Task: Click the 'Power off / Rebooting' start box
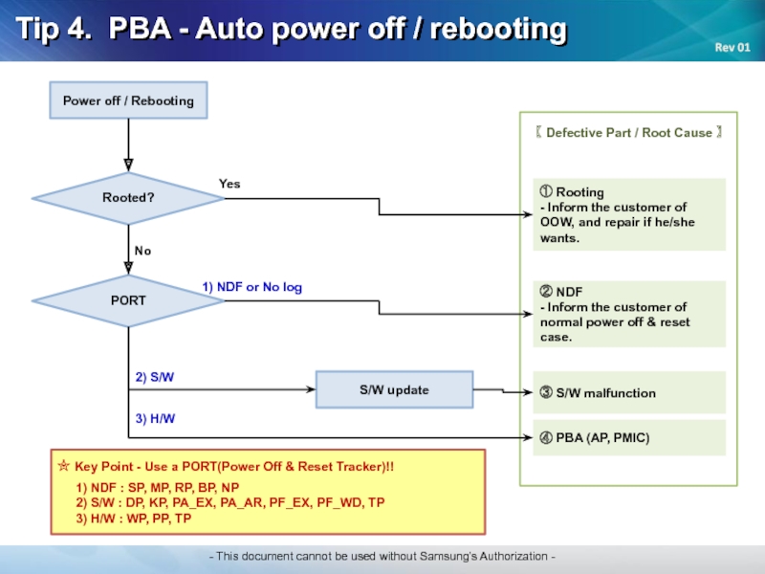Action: pyautogui.click(x=128, y=100)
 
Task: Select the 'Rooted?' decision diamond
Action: pyautogui.click(x=128, y=198)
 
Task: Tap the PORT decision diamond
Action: pyautogui.click(x=128, y=300)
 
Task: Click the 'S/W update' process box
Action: pyautogui.click(x=394, y=389)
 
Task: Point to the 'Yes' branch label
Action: pyautogui.click(x=229, y=184)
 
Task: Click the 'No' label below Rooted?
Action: pyautogui.click(x=142, y=251)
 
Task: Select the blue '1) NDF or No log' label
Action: pyautogui.click(x=252, y=287)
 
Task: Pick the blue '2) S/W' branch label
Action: pyautogui.click(x=155, y=377)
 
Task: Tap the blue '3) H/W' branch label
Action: pyautogui.click(x=155, y=418)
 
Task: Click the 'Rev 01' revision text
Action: pyautogui.click(x=732, y=47)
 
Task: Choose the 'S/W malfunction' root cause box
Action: pyautogui.click(x=629, y=392)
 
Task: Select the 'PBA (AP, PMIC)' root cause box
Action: pyautogui.click(x=629, y=437)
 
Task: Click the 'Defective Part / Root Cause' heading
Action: pyautogui.click(x=629, y=132)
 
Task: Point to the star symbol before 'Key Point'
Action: pyautogui.click(x=64, y=465)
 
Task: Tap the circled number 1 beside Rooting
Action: pyautogui.click(x=546, y=191)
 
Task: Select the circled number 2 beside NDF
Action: pyautogui.click(x=546, y=292)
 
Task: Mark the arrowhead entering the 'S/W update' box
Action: pyautogui.click(x=311, y=389)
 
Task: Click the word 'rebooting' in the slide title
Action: pyautogui.click(x=498, y=29)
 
